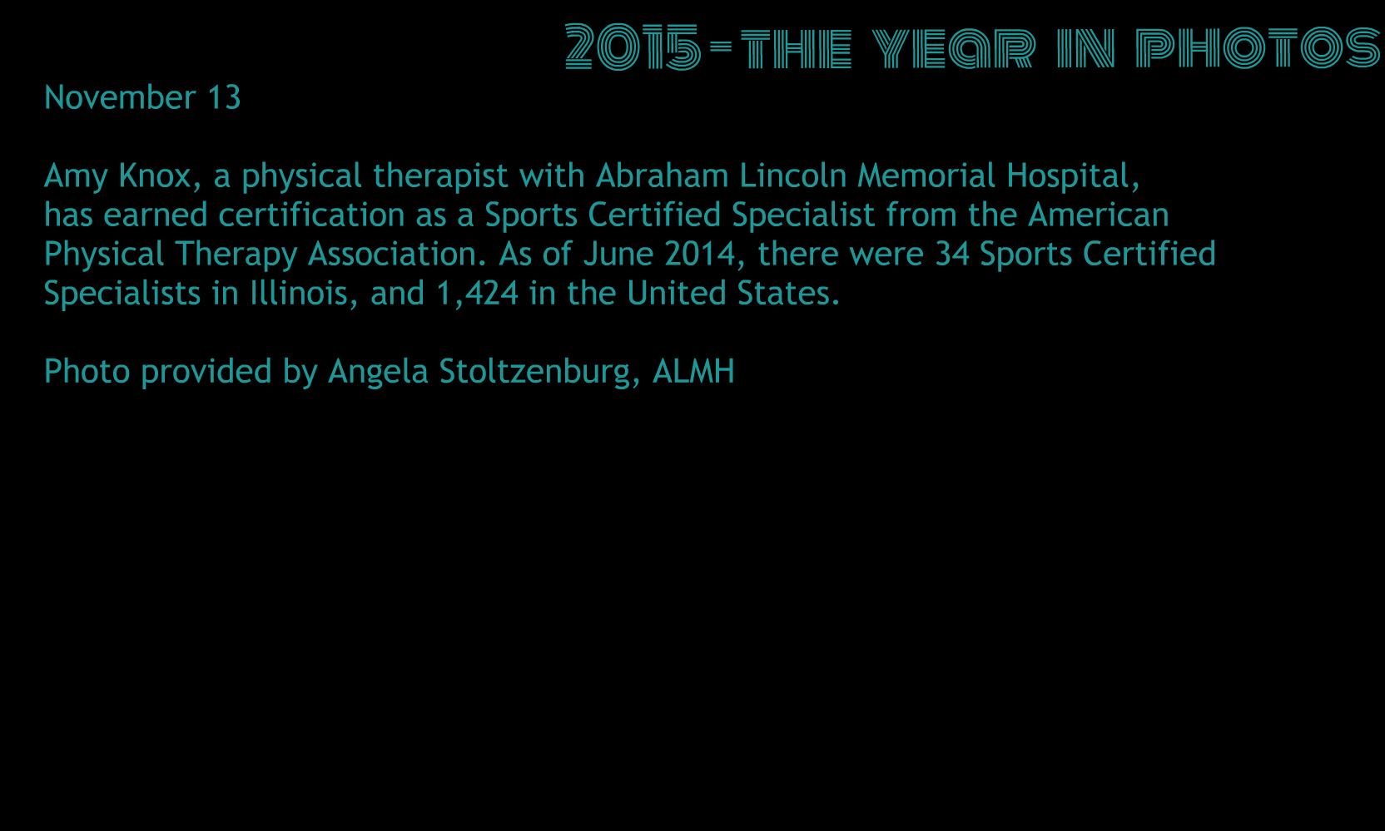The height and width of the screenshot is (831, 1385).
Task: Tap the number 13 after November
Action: point(224,97)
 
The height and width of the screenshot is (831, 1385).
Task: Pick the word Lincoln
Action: point(793,176)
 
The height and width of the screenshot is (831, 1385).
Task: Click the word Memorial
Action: point(926,176)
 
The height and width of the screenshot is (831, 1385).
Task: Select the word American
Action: point(1099,215)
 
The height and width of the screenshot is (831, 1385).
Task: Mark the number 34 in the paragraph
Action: point(952,254)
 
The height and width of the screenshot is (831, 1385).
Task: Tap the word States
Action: point(788,294)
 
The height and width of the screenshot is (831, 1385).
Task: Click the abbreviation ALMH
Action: point(693,372)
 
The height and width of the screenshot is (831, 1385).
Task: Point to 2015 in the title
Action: point(633,47)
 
